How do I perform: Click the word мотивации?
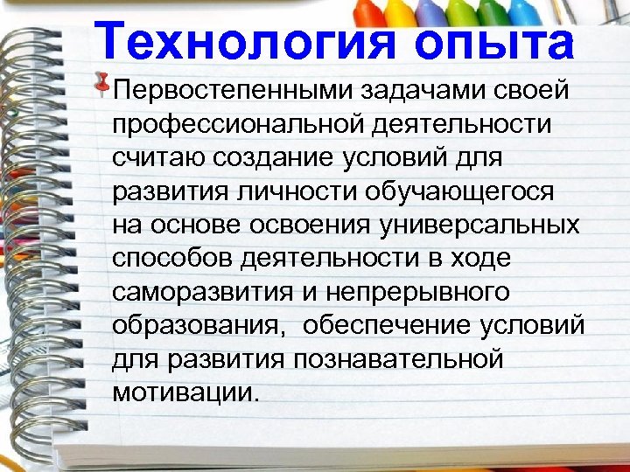tap(185, 392)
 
